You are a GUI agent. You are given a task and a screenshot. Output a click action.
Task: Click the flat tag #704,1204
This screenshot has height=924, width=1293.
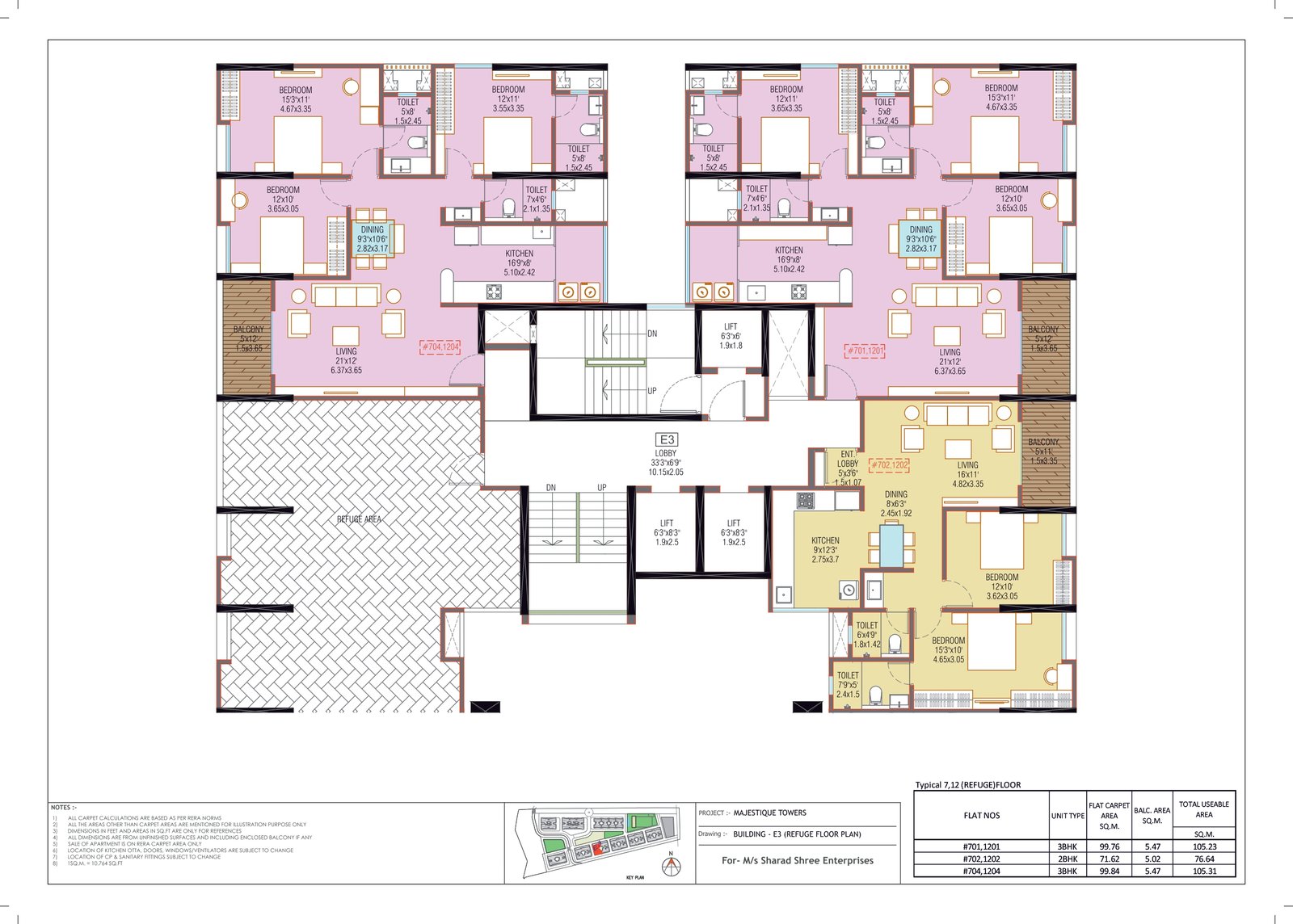(440, 347)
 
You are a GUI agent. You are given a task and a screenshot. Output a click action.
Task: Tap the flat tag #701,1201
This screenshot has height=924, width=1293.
(865, 351)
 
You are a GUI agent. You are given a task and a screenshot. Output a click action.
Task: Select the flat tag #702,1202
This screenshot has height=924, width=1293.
(889, 465)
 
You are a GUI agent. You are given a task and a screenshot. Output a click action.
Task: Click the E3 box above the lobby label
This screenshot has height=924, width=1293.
(667, 439)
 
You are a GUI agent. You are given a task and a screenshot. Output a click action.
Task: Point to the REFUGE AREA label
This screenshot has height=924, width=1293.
(359, 519)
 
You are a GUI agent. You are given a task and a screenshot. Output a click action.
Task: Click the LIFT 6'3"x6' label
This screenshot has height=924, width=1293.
(731, 335)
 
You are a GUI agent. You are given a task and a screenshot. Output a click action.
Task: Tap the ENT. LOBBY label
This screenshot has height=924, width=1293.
(848, 463)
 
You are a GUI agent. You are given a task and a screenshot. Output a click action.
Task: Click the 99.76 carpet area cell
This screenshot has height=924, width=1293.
(1109, 846)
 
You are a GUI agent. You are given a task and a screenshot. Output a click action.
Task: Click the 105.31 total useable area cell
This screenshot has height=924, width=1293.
(1203, 871)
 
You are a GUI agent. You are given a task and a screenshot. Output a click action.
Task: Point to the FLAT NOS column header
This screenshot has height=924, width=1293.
(981, 815)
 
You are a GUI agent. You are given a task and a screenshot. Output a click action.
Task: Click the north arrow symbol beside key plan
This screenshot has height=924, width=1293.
(671, 866)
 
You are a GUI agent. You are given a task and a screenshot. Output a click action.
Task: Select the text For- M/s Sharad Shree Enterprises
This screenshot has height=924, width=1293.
(797, 860)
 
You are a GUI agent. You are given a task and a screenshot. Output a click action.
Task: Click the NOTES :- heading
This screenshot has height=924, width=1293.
(64, 807)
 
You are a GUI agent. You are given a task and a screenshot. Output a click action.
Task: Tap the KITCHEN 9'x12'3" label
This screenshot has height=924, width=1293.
(825, 549)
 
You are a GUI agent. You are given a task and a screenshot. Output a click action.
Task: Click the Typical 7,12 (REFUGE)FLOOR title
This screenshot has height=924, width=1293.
(967, 784)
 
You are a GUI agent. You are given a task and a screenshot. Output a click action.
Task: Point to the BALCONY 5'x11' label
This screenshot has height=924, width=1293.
(1043, 451)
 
